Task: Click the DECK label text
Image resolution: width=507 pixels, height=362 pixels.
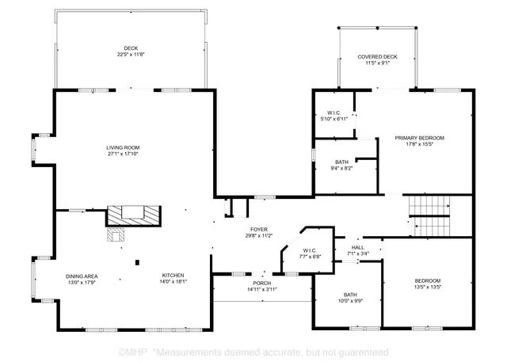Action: tap(130, 48)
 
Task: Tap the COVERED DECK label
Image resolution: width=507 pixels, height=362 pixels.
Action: tap(377, 57)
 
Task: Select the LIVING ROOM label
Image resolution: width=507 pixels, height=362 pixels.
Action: tap(123, 147)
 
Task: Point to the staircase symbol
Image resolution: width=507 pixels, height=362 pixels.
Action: tap(433, 214)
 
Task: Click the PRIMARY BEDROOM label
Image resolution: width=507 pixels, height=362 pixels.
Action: tap(420, 138)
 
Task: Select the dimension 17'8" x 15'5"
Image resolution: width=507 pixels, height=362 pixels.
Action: tap(420, 145)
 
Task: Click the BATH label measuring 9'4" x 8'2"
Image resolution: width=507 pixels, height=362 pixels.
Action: tap(341, 162)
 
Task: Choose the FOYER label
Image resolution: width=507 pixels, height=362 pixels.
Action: tap(259, 229)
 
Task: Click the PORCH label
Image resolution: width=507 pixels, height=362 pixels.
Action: tap(261, 283)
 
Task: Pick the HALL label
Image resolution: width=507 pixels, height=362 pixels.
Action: tap(358, 248)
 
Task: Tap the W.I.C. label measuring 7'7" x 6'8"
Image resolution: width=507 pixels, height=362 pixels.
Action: tap(309, 250)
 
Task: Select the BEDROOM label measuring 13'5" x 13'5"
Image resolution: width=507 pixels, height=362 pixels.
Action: tap(428, 280)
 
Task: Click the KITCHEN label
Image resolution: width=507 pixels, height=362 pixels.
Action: tap(173, 275)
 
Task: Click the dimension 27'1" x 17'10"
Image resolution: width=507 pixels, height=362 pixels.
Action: tap(123, 154)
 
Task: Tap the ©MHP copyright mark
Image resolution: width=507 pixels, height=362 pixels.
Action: tap(132, 351)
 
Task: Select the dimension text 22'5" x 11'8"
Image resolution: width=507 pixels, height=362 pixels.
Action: tap(130, 55)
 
